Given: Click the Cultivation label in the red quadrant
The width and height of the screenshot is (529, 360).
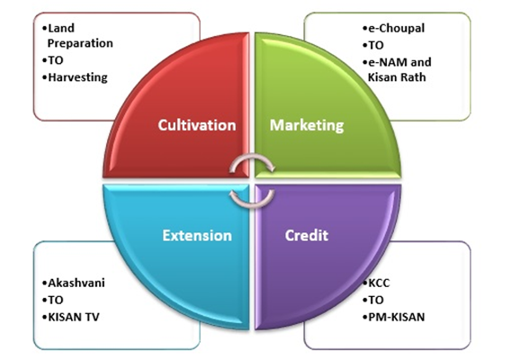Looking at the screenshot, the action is (x=197, y=125).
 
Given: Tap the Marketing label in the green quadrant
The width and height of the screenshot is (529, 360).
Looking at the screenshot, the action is (x=307, y=125).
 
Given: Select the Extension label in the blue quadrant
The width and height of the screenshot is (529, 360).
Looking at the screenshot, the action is (x=197, y=236).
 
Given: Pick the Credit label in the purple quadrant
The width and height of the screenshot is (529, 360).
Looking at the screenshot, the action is (x=306, y=236).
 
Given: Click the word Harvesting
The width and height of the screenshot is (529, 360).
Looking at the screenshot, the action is (x=77, y=77).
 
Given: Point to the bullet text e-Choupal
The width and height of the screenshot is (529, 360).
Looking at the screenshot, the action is (x=397, y=28).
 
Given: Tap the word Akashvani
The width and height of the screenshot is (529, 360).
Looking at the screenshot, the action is (x=76, y=283).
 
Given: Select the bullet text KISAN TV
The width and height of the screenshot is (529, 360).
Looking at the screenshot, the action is (x=74, y=317).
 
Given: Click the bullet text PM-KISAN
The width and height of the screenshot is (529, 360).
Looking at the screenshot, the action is (x=397, y=317).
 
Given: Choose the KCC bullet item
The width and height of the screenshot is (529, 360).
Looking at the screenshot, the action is (x=379, y=283).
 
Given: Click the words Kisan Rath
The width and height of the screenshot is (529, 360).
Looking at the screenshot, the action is (x=397, y=77).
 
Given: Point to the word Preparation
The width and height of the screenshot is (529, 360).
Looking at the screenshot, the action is (x=80, y=43).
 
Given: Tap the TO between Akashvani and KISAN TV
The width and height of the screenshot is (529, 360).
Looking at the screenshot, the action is (x=56, y=300).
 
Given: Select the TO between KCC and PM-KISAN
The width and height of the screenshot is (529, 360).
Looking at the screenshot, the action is (x=376, y=300).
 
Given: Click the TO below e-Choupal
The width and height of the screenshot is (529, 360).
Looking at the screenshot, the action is (x=376, y=45).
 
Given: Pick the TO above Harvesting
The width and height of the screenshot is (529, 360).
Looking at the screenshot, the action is (x=56, y=60).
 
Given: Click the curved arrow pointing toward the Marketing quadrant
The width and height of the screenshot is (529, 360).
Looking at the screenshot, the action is (x=252, y=157).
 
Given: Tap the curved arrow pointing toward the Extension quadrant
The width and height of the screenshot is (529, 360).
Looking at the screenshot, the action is (x=253, y=203).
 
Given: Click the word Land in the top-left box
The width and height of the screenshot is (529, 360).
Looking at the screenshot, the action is (x=61, y=28).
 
